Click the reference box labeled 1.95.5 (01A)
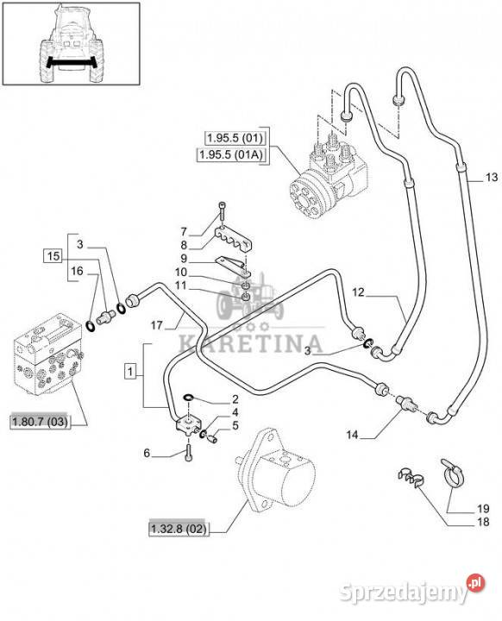232,154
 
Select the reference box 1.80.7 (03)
40,422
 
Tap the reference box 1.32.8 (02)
179,529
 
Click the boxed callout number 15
53,256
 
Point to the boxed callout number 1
131,372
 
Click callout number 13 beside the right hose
492,177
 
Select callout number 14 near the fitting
352,435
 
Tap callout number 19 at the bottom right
483,508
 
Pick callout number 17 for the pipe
157,325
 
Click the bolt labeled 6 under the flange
188,454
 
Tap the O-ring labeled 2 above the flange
189,397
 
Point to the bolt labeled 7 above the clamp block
222,211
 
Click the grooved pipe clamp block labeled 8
234,240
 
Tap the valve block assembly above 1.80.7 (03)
48,354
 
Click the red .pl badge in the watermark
475,583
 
